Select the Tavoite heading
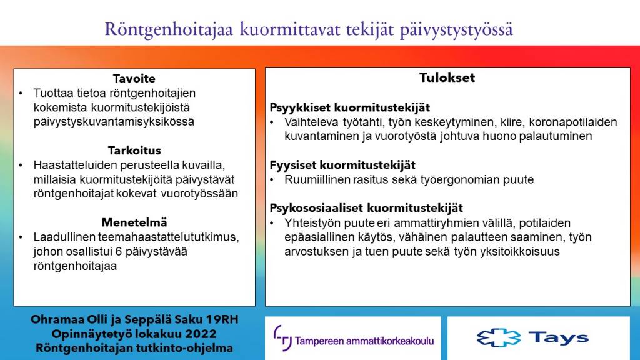134,79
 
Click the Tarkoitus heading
134,151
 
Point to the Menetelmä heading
134,222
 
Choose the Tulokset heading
447,78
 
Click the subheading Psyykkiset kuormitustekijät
349,107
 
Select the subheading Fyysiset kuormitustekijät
342,165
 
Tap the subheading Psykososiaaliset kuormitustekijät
366,208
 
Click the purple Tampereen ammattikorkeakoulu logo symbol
282,338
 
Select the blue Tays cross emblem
498,338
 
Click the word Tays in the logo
558,338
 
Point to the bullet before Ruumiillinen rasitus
272,180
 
